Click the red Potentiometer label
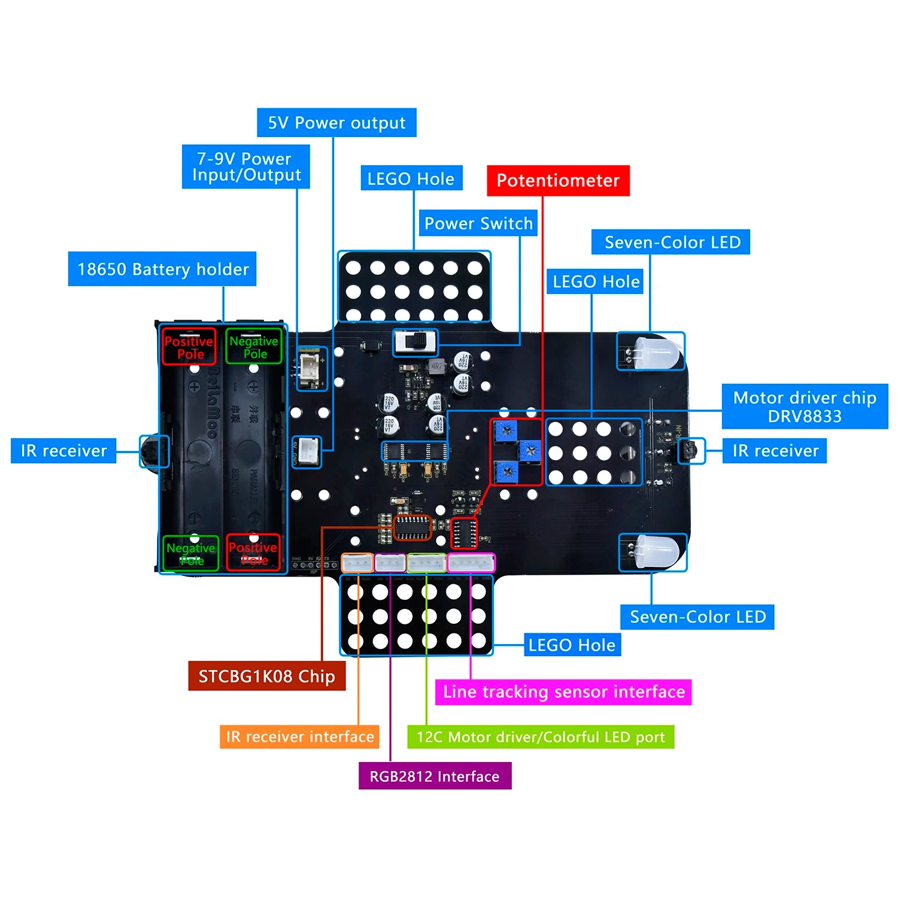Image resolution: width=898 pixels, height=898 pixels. [x=558, y=181]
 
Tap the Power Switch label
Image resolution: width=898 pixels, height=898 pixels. [x=478, y=223]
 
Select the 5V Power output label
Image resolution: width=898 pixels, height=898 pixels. [x=336, y=123]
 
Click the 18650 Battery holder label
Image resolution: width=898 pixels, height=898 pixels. [x=162, y=269]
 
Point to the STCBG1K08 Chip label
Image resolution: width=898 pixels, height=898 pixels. [x=266, y=676]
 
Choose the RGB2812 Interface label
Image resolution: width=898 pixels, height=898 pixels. [x=435, y=776]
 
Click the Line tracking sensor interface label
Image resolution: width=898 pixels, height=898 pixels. [x=563, y=692]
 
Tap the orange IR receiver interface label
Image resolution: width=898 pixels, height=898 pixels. [x=299, y=736]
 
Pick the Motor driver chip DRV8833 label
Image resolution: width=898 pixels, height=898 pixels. [x=805, y=406]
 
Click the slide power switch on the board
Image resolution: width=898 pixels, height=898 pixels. [x=415, y=342]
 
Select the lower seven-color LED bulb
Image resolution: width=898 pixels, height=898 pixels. [x=657, y=551]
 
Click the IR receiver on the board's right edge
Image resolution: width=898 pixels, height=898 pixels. [x=691, y=450]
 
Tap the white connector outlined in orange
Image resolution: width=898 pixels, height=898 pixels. [x=357, y=563]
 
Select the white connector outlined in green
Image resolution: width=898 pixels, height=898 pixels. [x=426, y=563]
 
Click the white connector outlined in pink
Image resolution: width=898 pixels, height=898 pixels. [x=471, y=563]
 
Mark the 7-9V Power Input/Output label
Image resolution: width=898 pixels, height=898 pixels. [x=245, y=167]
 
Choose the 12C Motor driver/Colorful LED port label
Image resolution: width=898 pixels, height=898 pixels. [x=541, y=737]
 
